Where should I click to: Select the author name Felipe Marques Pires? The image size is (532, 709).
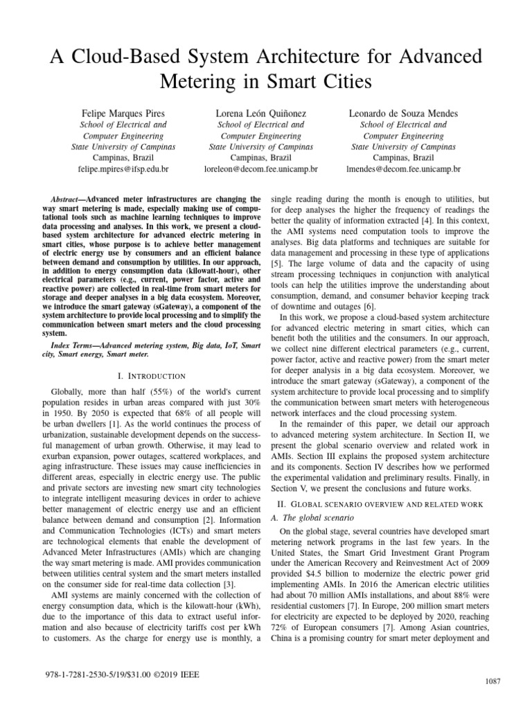coord(123,111)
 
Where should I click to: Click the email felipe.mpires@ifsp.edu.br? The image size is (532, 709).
coord(123,168)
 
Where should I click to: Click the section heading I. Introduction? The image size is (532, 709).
coord(152,376)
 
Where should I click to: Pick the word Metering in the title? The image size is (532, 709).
coord(199,82)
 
